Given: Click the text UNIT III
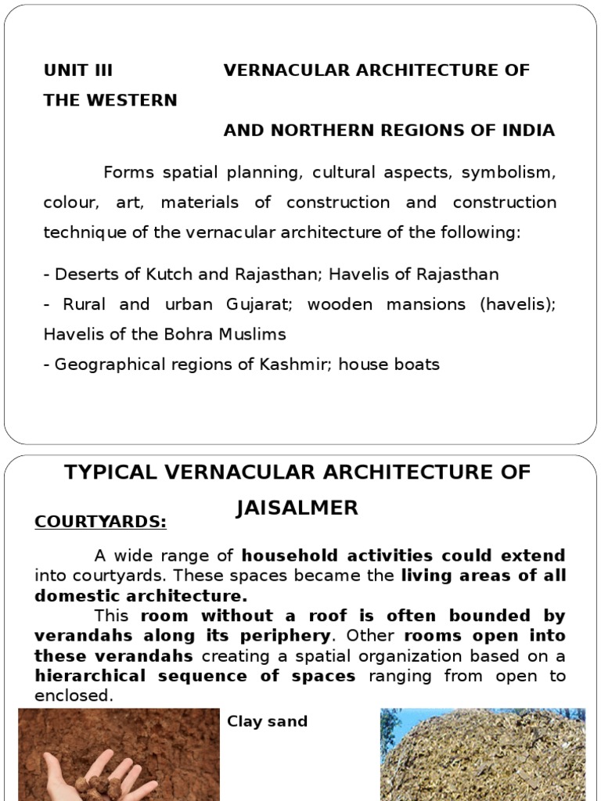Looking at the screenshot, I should (x=78, y=70).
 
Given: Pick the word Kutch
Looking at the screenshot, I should (x=152, y=275).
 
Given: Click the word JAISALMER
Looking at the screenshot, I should (x=297, y=508).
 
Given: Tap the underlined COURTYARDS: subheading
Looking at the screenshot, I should (x=100, y=522).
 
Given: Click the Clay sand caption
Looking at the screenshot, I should (x=267, y=721).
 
